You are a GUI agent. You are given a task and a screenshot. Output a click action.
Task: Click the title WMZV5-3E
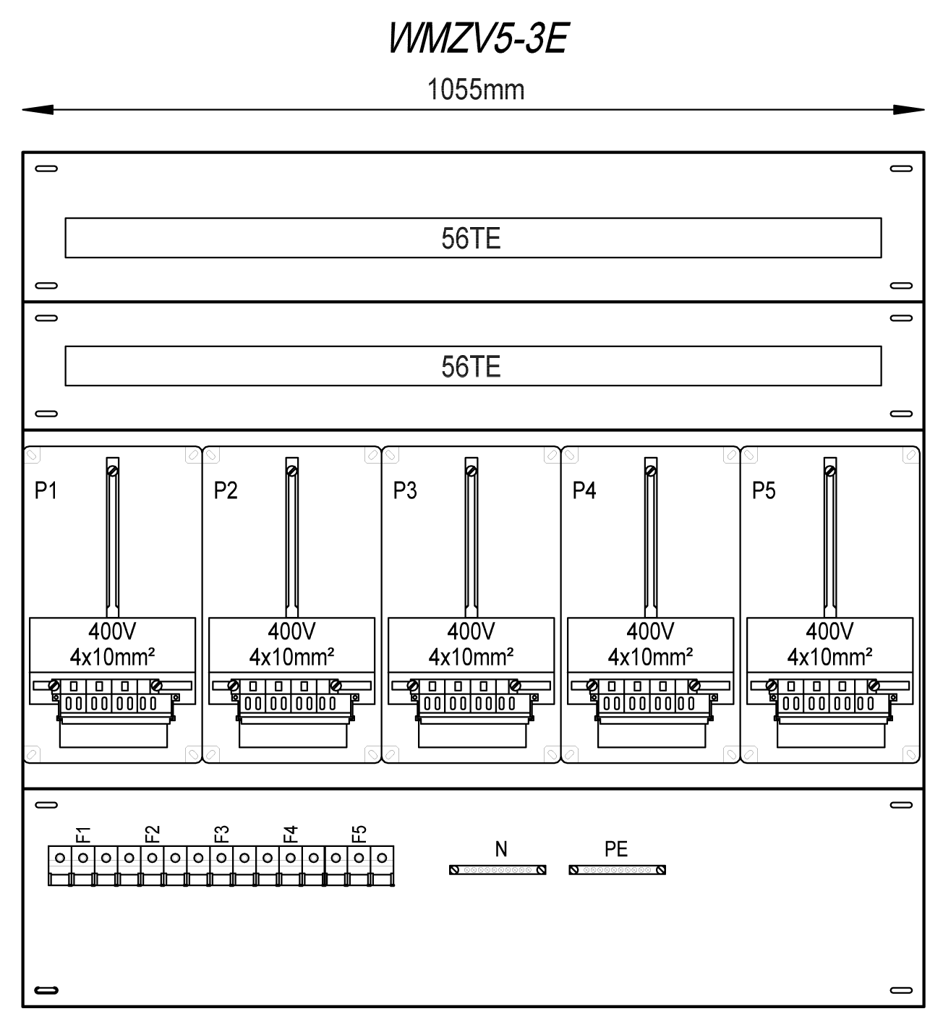pos(477,38)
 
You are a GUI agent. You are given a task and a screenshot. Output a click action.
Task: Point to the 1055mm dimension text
pos(476,90)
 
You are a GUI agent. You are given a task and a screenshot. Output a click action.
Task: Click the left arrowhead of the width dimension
pos(38,109)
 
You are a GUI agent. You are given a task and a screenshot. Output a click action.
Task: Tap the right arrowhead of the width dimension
pos(909,109)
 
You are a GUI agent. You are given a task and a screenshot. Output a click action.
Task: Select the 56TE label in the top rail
pos(471,239)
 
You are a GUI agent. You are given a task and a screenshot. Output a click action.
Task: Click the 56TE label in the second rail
pos(471,367)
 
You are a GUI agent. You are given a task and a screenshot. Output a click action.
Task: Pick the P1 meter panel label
pos(46,490)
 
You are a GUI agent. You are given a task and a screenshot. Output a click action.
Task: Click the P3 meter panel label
pos(405,490)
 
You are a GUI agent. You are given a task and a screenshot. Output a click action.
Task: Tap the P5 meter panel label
pos(764,490)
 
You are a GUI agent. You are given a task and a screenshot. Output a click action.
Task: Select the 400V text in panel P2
pos(292,631)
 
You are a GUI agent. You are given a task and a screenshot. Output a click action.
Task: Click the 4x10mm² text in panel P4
pos(651,657)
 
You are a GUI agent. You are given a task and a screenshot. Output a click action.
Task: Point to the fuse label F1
pos(83,835)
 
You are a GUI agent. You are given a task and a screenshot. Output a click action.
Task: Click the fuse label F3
pos(221,835)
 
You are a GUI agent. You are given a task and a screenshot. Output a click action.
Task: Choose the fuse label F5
pos(359,835)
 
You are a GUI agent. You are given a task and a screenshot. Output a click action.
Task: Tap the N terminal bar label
pos(501,849)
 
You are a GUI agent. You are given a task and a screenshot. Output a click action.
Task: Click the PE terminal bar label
pos(616,849)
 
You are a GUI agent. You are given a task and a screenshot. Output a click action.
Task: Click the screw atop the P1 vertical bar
pos(113,471)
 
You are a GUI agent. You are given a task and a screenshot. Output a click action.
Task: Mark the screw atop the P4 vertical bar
pos(651,471)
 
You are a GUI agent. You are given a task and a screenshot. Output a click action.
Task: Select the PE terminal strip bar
pos(618,870)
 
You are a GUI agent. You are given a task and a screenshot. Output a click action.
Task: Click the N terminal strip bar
pos(498,870)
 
